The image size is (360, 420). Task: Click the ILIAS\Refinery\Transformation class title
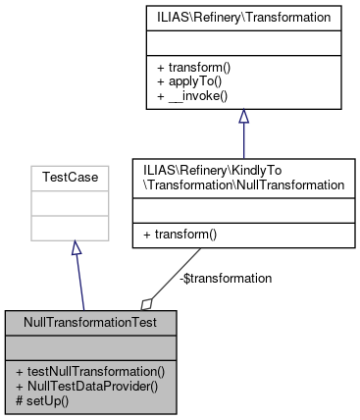point(242,17)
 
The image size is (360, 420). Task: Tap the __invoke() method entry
point(191,97)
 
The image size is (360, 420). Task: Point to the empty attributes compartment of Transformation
point(242,43)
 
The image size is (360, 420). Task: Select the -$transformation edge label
point(227,278)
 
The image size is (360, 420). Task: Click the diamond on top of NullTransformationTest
point(147,304)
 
